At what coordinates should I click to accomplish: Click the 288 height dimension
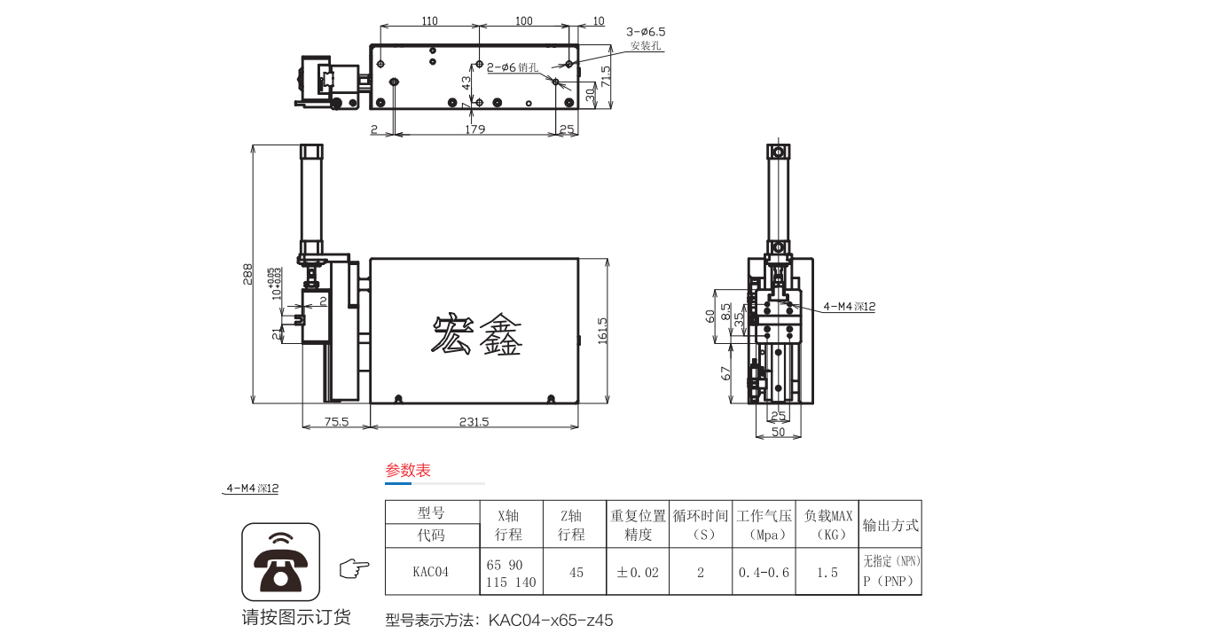pyautogui.click(x=248, y=275)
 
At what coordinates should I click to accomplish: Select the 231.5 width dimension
pyautogui.click(x=474, y=422)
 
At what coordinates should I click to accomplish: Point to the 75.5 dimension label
pyautogui.click(x=335, y=422)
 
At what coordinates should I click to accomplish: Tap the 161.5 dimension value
pyautogui.click(x=603, y=332)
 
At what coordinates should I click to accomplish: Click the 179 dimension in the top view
pyautogui.click(x=474, y=129)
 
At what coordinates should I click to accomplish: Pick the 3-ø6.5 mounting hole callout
pyautogui.click(x=646, y=31)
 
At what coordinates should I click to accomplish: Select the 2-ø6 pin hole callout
pyautogui.click(x=512, y=66)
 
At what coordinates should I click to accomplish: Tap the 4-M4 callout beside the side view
pyautogui.click(x=850, y=307)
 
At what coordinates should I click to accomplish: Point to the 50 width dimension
pyautogui.click(x=778, y=432)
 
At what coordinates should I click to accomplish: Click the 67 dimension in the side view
pyautogui.click(x=725, y=372)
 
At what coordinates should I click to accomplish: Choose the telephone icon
pyautogui.click(x=280, y=561)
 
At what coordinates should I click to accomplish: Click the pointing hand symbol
pyautogui.click(x=355, y=568)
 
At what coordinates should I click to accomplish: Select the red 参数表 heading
pyautogui.click(x=408, y=471)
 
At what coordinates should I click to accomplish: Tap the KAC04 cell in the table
pyautogui.click(x=431, y=572)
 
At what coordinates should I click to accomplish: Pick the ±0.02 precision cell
pyautogui.click(x=638, y=572)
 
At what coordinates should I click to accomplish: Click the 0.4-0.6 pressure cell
pyautogui.click(x=764, y=572)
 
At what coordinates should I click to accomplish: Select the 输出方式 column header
pyautogui.click(x=890, y=525)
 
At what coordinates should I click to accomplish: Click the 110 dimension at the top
pyautogui.click(x=429, y=20)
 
